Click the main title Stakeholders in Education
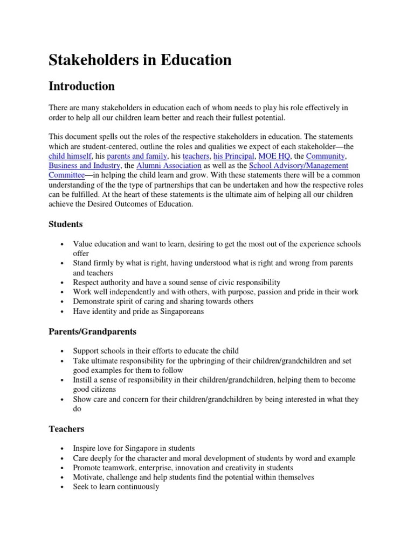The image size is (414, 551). (140, 60)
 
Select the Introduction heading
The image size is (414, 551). (81, 86)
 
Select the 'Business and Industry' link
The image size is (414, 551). (84, 166)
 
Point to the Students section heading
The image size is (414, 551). (66, 224)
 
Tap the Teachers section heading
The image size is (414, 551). (66, 429)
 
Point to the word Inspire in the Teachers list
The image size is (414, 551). (85, 448)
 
